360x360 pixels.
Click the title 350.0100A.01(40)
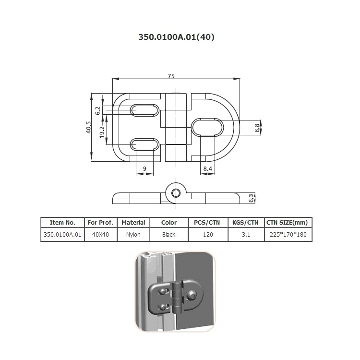click(176, 36)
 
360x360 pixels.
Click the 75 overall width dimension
click(171, 75)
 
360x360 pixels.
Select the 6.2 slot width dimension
click(98, 110)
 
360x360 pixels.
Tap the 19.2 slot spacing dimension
click(102, 131)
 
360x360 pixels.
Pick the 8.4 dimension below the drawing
click(207, 168)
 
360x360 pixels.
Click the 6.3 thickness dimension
click(251, 198)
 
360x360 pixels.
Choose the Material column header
click(133, 223)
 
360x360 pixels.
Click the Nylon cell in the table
click(133, 235)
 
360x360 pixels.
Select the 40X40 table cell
click(101, 235)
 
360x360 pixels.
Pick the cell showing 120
click(208, 235)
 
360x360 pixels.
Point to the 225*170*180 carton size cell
click(288, 235)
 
